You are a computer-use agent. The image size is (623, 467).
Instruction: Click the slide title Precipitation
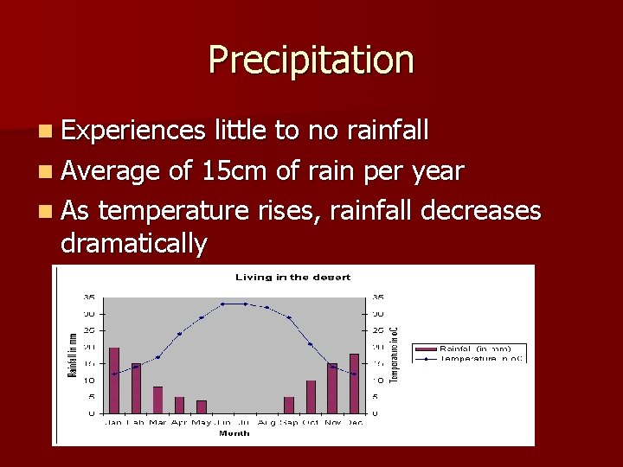311,60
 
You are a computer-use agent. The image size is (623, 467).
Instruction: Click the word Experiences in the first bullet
132,131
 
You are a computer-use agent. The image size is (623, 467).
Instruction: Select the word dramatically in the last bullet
134,244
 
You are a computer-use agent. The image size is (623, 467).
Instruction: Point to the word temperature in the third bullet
178,210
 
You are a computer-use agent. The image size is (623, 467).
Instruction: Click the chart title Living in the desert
293,277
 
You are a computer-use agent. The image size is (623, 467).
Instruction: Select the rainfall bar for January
114,381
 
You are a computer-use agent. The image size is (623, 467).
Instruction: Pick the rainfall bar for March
157,400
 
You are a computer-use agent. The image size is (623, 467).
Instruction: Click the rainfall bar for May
202,406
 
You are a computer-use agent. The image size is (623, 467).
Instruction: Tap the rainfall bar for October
311,396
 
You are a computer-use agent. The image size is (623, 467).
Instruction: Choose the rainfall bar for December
354,383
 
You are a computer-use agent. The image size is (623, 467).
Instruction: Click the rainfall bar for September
289,405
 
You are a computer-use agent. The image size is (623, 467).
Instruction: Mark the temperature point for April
179,334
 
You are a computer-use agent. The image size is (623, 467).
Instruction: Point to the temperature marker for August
267,308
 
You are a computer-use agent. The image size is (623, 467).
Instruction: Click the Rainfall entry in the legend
474,349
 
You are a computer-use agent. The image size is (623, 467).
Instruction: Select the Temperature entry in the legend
474,357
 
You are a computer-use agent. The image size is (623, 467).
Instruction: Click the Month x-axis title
234,432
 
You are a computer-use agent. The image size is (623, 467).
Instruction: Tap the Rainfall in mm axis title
72,355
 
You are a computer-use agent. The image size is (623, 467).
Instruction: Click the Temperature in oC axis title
395,354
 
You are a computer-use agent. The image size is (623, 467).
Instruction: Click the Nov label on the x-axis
332,422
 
